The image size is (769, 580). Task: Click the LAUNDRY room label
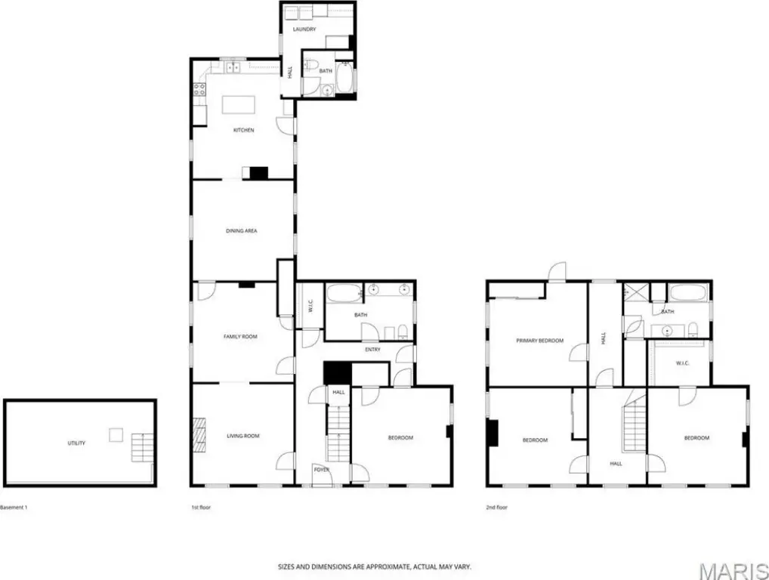[304, 29]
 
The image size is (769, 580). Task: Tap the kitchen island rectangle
[239, 105]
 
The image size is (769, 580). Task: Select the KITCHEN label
[244, 131]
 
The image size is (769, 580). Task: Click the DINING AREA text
[241, 231]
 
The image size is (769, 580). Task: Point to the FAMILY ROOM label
[240, 337]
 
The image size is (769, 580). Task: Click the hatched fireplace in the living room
[199, 434]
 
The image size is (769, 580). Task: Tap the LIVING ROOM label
[243, 436]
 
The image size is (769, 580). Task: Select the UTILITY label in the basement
[76, 443]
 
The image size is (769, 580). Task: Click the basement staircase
[142, 447]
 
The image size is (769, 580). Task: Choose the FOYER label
[322, 470]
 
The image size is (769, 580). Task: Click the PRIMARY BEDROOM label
[540, 341]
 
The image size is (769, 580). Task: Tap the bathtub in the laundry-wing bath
[344, 78]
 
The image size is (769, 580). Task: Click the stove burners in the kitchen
[199, 89]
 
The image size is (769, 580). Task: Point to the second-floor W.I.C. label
[683, 363]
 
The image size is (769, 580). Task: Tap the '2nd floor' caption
[496, 507]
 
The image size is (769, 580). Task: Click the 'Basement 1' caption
[14, 507]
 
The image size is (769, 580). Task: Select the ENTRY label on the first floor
[372, 350]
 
